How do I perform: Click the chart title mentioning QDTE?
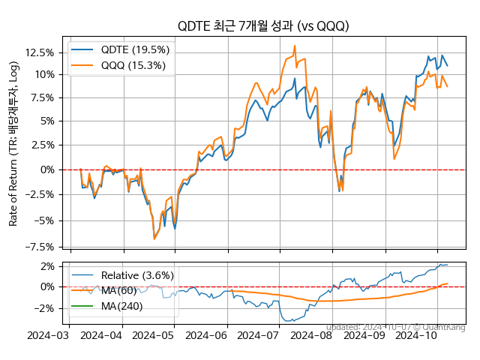coord(263,26)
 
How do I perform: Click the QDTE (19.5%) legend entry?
coord(135,49)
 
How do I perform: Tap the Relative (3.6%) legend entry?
coord(137,275)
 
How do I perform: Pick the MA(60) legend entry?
coord(121,290)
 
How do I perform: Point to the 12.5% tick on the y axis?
coord(39,52)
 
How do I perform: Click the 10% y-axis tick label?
coord(43,74)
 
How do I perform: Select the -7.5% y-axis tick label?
coord(39,247)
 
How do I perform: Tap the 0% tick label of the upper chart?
coord(46,169)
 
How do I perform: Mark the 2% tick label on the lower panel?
coord(46,265)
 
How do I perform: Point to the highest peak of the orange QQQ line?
coord(295,46)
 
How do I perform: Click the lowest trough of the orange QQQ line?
coord(154,239)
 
